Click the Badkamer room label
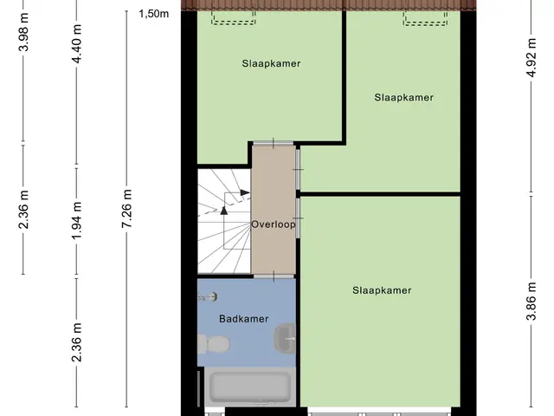pos(244,319)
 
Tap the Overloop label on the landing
pos(274,224)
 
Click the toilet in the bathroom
pos(214,344)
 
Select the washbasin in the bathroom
pos(285,338)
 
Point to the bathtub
pos(250,387)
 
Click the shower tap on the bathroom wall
pos(208,296)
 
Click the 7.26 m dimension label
pos(127,208)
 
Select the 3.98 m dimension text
pos(23,32)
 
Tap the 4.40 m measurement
pos(77,43)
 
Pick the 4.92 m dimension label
pos(531,56)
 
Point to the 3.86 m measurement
pos(531,301)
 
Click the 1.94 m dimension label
pos(77,220)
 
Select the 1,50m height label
pos(154,14)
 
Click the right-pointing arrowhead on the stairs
pos(245,192)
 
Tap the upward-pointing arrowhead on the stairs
pos(223,210)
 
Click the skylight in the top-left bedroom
pos(233,17)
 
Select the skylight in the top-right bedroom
pos(425,18)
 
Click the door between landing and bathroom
pos(274,276)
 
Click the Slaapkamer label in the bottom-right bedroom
pos(382,290)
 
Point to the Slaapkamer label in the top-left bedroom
pos(271,63)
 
